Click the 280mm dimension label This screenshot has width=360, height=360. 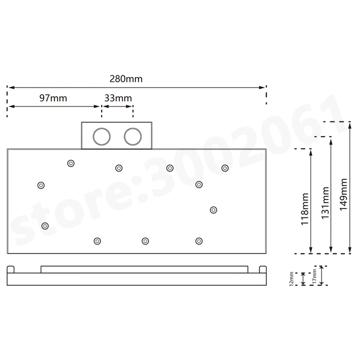pyautogui.click(x=126, y=79)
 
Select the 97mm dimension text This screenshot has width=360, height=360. pyautogui.click(x=53, y=98)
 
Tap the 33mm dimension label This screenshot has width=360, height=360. pyautogui.click(x=118, y=98)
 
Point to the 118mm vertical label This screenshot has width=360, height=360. pyautogui.click(x=305, y=209)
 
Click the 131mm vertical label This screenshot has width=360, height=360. pyautogui.click(x=325, y=203)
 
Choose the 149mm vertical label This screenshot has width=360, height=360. pyautogui.click(x=343, y=194)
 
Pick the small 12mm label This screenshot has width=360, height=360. pyautogui.click(x=292, y=279)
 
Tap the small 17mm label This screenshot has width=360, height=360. pyautogui.click(x=315, y=276)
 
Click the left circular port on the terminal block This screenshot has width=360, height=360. pyautogui.click(x=102, y=137)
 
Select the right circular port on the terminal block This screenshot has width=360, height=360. pyautogui.click(x=133, y=137)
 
